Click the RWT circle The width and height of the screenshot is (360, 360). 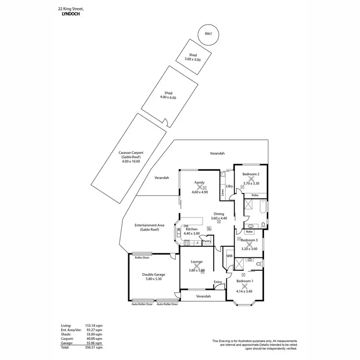pos(208,35)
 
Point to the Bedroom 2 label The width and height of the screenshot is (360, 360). pos(251,174)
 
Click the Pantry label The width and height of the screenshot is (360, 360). pos(207,241)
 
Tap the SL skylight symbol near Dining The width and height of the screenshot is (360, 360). pos(208,228)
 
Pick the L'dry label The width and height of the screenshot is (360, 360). pos(229,186)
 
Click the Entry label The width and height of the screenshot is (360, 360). pos(217,282)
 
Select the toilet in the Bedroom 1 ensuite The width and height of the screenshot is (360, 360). pos(259,263)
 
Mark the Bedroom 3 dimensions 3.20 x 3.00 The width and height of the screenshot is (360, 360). pos(249,249)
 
